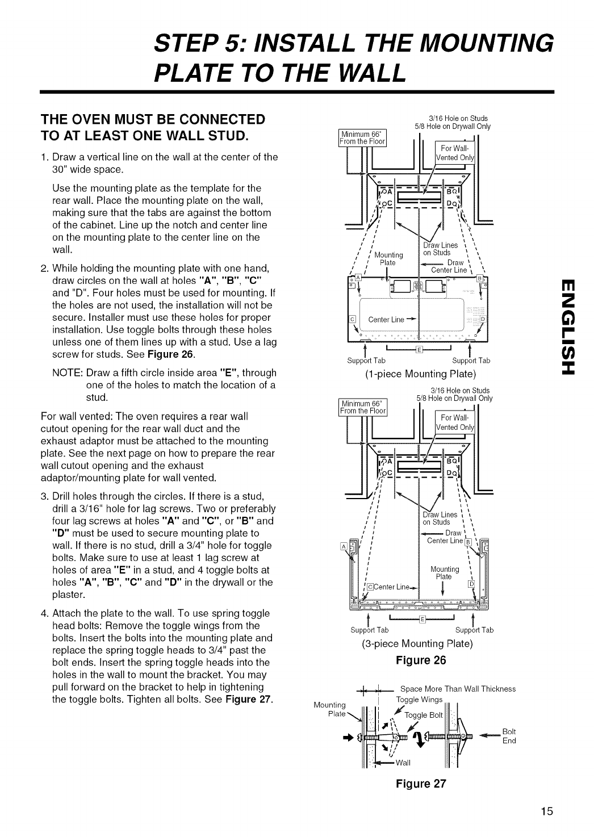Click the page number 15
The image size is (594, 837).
coord(546,810)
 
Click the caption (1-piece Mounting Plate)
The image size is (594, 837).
coord(419,374)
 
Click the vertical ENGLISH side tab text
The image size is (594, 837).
coord(570,326)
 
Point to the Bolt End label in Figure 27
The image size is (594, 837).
coord(509,736)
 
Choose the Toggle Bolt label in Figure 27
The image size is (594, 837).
coord(426,715)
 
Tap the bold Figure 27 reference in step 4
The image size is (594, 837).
coord(248,698)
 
